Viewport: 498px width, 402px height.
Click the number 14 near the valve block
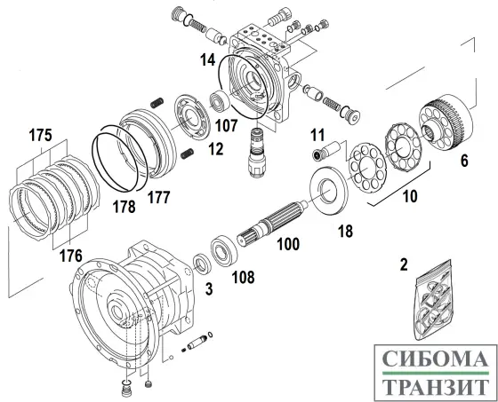click(x=206, y=60)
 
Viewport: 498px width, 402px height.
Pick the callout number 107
click(x=225, y=125)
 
